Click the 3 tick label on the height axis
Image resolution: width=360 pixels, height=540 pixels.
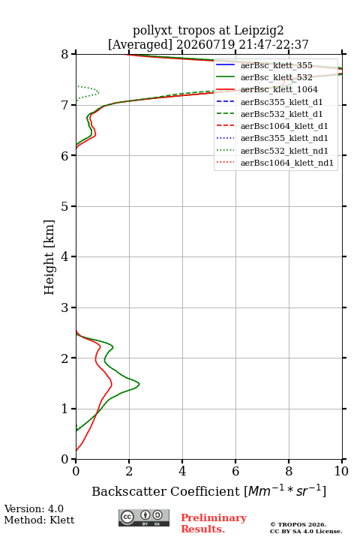point(65,307)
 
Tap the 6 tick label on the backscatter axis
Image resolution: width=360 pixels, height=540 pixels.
point(235,471)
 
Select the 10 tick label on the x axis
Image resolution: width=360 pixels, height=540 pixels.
point(341,471)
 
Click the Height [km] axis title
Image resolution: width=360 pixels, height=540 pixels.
point(49,257)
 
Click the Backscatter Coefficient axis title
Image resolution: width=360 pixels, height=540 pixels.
point(208,490)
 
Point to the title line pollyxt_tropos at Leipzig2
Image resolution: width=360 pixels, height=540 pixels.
point(208,30)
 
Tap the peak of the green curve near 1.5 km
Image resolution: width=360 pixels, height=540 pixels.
point(139,384)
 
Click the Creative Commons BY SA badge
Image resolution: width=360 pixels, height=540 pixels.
point(144,517)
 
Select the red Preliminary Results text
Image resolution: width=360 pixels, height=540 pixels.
point(214,523)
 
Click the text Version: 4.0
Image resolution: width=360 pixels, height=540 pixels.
point(34,508)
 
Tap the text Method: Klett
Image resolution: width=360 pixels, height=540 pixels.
point(39,520)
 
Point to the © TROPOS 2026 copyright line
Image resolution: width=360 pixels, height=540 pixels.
point(298,524)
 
